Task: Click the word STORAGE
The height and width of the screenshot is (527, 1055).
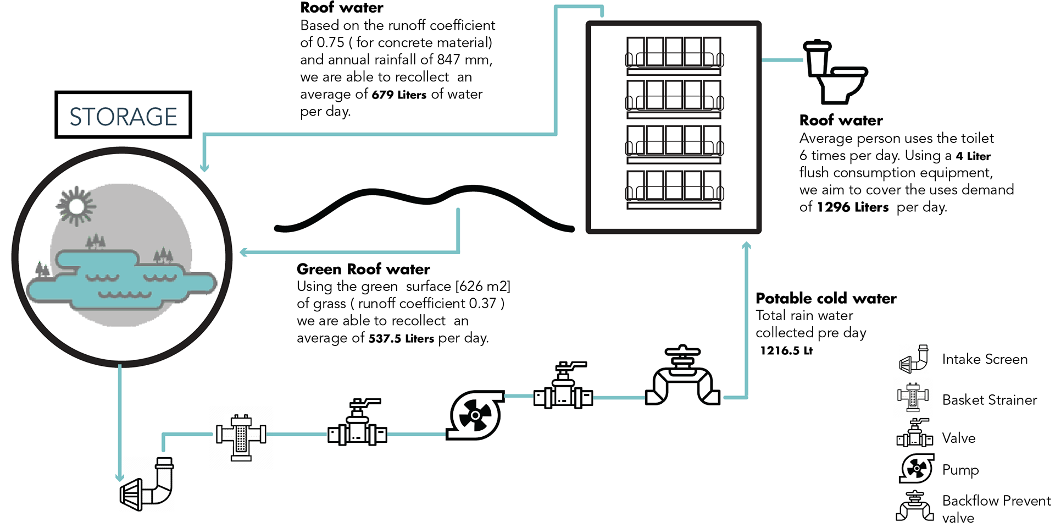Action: pos(123,117)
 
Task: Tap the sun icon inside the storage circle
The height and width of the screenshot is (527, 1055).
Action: pos(75,206)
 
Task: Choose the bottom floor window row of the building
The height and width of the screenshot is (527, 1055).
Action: pos(674,191)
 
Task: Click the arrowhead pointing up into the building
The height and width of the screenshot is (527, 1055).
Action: pos(746,246)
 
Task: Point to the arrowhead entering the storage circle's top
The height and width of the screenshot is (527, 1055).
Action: pos(204,167)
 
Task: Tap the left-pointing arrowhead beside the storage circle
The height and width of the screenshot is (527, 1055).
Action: pos(244,252)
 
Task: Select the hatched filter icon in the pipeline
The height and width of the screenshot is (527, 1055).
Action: pos(241,437)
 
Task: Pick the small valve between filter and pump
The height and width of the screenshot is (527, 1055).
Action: pos(357,427)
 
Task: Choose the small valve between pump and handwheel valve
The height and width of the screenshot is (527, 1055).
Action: pos(563,387)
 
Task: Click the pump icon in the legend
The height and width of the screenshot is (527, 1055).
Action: pos(916,469)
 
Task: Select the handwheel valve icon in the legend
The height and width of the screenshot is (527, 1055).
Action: pos(915,506)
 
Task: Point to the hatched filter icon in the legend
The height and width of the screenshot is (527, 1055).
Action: pos(913,396)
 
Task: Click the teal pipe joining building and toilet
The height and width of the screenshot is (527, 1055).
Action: pos(782,59)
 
